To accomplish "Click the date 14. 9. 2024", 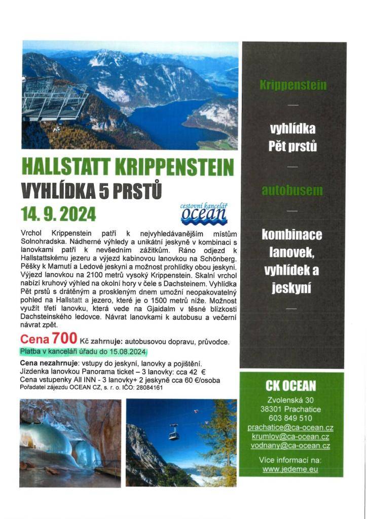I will tap(58, 214).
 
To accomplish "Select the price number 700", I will tap(63, 339).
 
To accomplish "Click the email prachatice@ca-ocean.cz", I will tap(290, 427).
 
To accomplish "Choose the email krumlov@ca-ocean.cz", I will tap(290, 436).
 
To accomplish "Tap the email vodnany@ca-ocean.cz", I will tap(290, 446).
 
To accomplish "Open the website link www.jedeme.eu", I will tap(290, 469).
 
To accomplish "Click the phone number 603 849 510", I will tap(290, 418).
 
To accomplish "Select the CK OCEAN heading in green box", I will tap(290, 387).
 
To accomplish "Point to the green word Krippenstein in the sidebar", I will tap(293, 85).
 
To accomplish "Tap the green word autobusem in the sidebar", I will tap(292, 191).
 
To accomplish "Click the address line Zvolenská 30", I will tap(290, 400).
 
